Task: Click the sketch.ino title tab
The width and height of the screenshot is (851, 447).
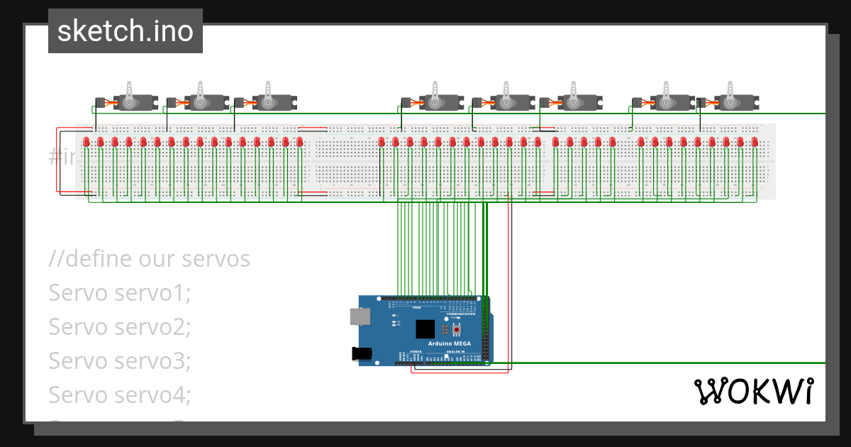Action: tap(126, 31)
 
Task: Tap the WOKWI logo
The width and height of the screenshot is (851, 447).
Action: tap(752, 392)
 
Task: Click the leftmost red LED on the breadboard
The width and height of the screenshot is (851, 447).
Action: tap(87, 142)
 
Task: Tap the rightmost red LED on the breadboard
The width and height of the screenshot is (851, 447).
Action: tap(754, 142)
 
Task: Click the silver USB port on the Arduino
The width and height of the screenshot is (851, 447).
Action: tap(360, 316)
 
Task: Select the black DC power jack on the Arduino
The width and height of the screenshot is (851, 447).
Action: tap(362, 353)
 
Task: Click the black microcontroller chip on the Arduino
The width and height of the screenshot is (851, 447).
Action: tap(425, 329)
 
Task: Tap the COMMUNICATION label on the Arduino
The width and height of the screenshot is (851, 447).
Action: tap(465, 314)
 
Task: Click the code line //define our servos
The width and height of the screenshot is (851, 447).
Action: tap(150, 259)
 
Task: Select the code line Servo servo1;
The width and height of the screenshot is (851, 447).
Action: tap(120, 292)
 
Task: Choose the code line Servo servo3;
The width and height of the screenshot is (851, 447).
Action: tap(120, 360)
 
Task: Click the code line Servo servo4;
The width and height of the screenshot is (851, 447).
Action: tap(120, 394)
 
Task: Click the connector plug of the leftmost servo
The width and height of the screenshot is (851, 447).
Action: tap(100, 103)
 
